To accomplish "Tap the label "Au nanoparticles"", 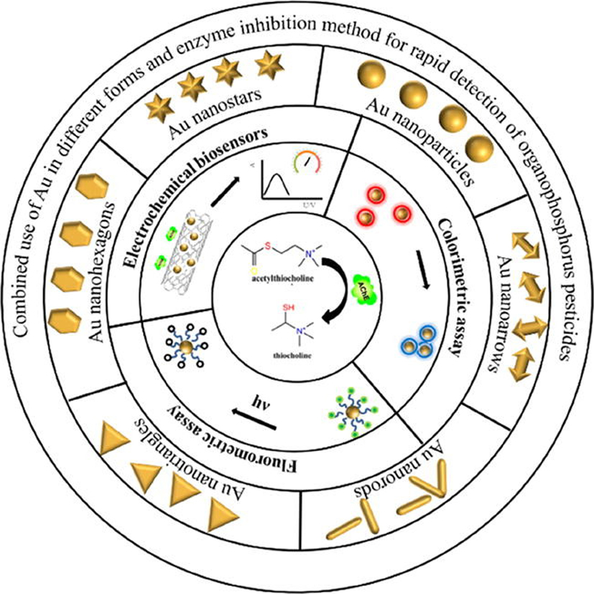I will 414,141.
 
